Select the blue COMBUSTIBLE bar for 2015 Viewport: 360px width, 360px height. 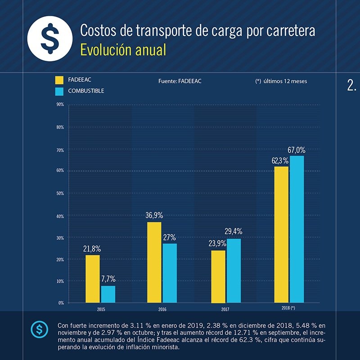click(x=108, y=294)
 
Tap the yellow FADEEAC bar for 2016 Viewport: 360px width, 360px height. click(x=154, y=262)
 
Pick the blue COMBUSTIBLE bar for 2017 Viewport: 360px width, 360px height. click(x=234, y=270)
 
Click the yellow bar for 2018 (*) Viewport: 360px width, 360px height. click(x=281, y=234)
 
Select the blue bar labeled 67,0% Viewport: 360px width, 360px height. click(x=297, y=229)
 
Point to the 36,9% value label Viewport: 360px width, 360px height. click(x=154, y=216)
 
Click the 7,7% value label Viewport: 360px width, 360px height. click(x=108, y=279)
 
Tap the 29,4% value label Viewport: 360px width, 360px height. click(x=234, y=232)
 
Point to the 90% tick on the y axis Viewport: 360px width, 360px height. click(x=59, y=105)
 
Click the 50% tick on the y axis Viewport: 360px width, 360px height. click(x=59, y=193)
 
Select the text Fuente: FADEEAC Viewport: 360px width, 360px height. click(x=180, y=81)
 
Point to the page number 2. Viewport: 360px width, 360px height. click(x=351, y=85)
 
